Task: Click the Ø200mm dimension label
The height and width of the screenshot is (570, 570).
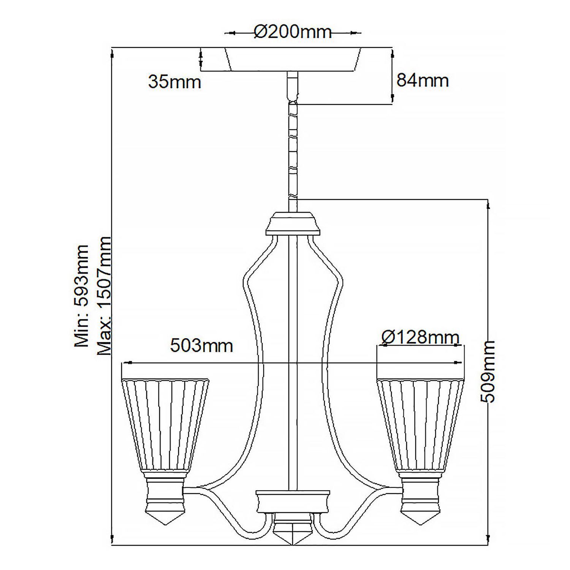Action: coord(293,32)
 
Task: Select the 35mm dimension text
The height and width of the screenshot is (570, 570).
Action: coord(174,82)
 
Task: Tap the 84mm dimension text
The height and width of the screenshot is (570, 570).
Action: coord(422,81)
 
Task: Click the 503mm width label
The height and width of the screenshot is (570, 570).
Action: coord(201,346)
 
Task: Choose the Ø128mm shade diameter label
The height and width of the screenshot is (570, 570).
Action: coord(420,337)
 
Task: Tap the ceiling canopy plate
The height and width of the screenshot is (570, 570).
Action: coord(293,59)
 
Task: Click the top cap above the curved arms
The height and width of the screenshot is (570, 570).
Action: coord(293,224)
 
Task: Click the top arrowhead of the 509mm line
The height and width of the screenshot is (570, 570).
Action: coord(488,205)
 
